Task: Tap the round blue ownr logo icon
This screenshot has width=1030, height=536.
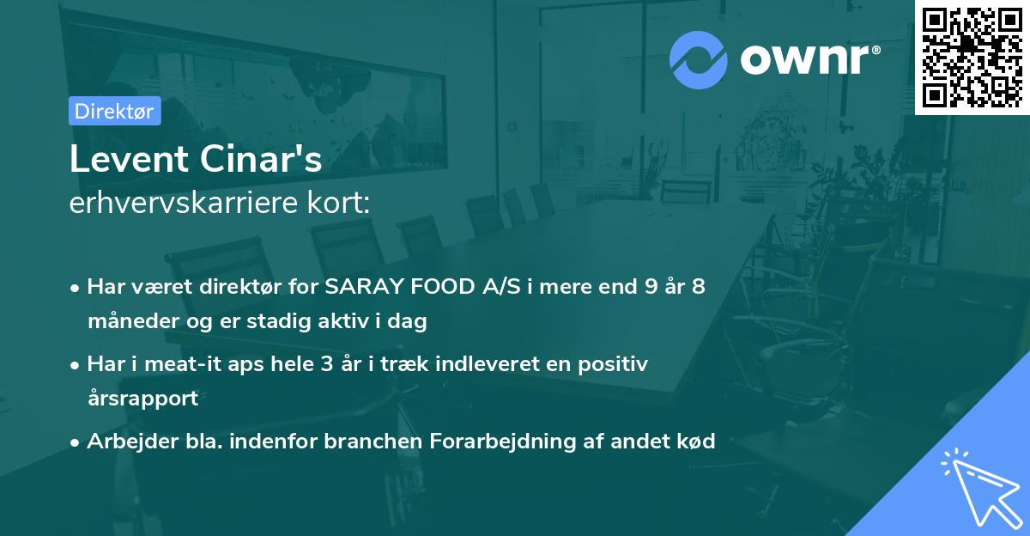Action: (698, 59)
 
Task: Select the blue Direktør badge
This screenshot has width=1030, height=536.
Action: (115, 111)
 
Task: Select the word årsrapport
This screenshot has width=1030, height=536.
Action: (142, 399)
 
